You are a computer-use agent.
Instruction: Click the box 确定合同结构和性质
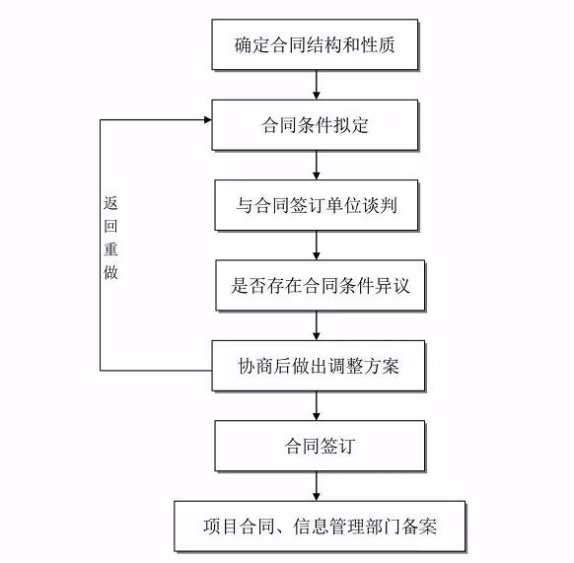(x=315, y=44)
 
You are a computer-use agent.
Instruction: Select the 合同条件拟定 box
(x=315, y=125)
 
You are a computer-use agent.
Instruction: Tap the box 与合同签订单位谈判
(x=317, y=205)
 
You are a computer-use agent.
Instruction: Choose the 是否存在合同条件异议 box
(x=320, y=286)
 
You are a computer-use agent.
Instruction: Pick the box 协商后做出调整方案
(x=319, y=366)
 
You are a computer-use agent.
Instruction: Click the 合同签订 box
(x=320, y=446)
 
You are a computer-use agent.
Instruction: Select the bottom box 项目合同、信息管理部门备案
(x=320, y=527)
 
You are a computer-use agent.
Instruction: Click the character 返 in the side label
(x=110, y=203)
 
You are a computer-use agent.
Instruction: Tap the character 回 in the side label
(x=110, y=226)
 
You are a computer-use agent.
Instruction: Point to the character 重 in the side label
(x=110, y=248)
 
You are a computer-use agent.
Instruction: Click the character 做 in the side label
(x=110, y=272)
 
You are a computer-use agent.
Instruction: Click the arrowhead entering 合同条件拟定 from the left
(x=208, y=119)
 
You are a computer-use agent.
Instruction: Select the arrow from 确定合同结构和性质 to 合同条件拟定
(x=317, y=85)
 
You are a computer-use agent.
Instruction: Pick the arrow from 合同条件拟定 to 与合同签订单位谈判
(x=317, y=165)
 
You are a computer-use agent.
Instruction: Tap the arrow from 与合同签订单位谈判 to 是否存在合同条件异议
(x=317, y=246)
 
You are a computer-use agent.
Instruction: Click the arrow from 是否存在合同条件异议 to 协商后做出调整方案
(x=317, y=325)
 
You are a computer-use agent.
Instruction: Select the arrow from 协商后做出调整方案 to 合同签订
(x=317, y=406)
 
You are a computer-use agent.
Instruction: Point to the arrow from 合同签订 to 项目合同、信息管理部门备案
(x=317, y=486)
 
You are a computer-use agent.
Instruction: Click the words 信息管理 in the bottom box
(x=328, y=527)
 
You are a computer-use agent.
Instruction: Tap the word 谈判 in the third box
(x=380, y=205)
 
